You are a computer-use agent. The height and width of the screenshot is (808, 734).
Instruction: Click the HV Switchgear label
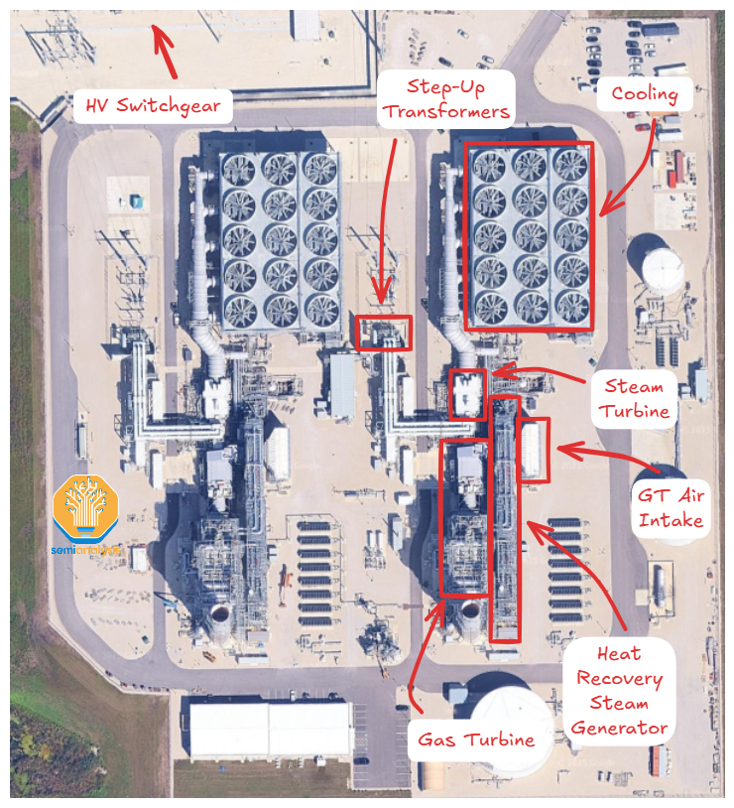[x=154, y=104]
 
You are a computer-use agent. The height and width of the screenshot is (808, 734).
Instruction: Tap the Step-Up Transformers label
[x=446, y=97]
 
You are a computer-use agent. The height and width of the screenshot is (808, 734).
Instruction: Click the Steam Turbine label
[x=634, y=398]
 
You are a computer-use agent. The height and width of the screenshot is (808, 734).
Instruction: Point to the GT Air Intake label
[x=672, y=506]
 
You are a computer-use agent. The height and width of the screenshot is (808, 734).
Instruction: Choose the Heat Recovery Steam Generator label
[x=619, y=691]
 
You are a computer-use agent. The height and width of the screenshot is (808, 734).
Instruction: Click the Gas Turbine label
[x=476, y=739]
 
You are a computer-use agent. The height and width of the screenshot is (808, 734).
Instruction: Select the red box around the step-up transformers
[x=383, y=333]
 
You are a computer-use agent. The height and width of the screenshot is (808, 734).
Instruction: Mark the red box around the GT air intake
[x=534, y=452]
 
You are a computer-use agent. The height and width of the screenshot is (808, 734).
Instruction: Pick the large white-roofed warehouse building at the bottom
[x=269, y=730]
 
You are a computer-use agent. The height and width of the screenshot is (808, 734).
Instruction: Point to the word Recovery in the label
[x=619, y=679]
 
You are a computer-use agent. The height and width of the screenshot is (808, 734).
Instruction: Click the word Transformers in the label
[x=446, y=110]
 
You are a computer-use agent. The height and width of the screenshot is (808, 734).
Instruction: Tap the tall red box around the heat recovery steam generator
[x=505, y=518]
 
